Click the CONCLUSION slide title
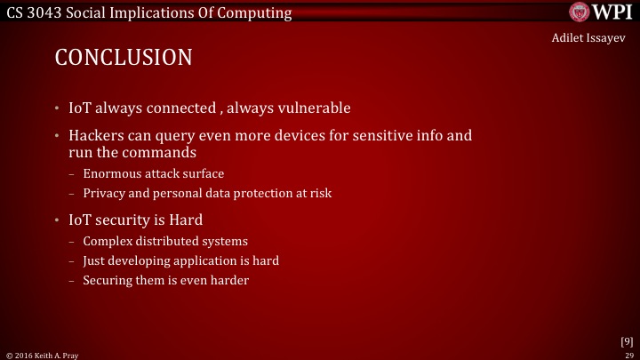124,58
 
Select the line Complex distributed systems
165,241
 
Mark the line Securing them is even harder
165,280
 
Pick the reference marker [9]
626,340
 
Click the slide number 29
628,354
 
